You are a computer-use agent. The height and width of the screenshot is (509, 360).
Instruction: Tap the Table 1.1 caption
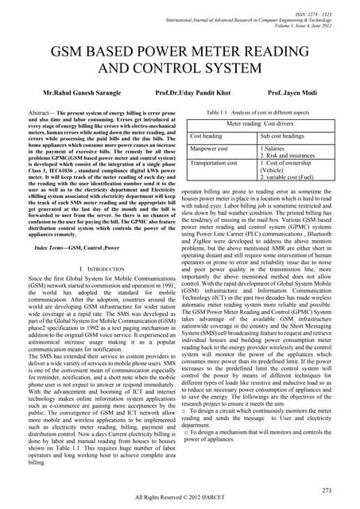(x=261, y=114)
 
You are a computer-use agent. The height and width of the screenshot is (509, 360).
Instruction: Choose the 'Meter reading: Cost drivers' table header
(x=261, y=125)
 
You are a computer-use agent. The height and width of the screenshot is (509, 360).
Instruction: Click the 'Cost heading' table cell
(x=207, y=136)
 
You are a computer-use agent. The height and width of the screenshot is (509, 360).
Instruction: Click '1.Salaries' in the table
(x=277, y=148)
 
